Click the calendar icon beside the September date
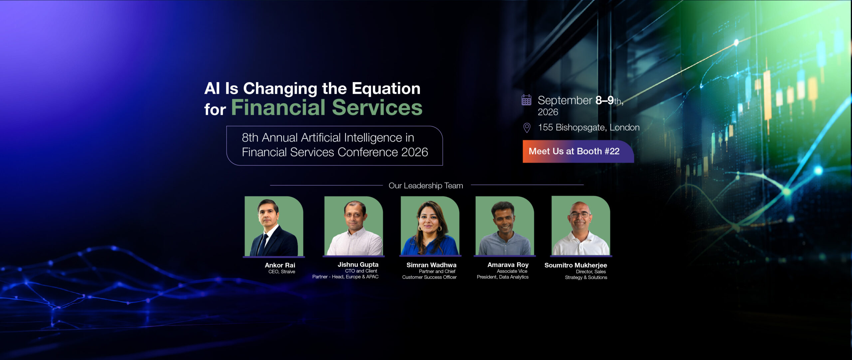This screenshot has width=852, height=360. (x=526, y=100)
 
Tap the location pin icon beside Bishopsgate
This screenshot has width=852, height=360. (x=527, y=128)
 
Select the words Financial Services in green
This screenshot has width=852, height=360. (x=327, y=107)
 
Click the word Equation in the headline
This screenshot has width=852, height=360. (x=386, y=89)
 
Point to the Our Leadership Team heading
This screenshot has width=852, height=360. (x=426, y=186)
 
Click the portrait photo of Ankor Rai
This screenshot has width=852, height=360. (x=274, y=226)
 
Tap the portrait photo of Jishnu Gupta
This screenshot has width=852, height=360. (x=353, y=226)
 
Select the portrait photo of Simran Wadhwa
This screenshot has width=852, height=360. (x=430, y=226)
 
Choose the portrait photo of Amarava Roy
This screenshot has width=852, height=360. (x=505, y=226)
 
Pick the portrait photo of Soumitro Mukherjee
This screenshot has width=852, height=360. (x=581, y=226)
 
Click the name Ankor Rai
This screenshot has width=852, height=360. (x=280, y=265)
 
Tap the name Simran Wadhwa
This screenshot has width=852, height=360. (x=431, y=265)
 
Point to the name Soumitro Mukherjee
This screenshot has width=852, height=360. (x=576, y=266)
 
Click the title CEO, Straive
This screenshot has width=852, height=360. (x=282, y=272)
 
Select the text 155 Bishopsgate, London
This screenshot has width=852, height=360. (x=589, y=127)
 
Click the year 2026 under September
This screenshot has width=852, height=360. (x=548, y=112)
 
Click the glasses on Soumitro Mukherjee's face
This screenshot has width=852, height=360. (x=580, y=215)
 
